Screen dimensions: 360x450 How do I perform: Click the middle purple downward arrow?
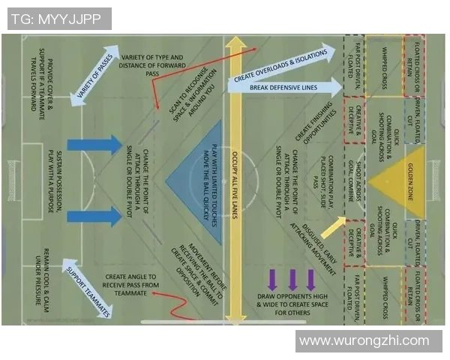291,278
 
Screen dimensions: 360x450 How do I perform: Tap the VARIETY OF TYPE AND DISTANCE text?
151,65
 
